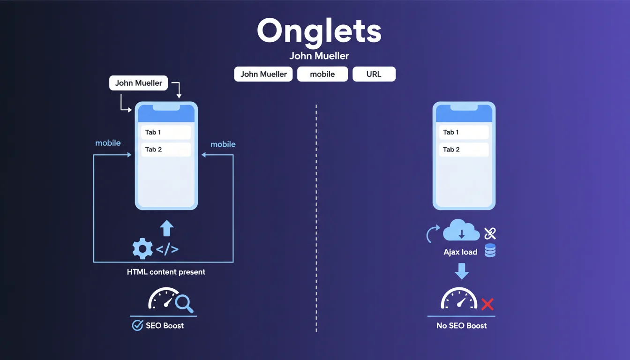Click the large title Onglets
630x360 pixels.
tap(319, 31)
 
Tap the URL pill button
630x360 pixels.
tap(374, 74)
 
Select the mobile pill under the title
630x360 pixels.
tap(322, 74)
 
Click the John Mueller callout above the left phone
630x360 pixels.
tap(139, 83)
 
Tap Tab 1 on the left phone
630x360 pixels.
tap(166, 132)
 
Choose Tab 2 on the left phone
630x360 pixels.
tap(166, 150)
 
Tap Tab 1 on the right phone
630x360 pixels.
tap(464, 132)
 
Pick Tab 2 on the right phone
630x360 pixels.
tap(464, 150)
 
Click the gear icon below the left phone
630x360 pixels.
tap(142, 248)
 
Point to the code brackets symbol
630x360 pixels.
tap(167, 249)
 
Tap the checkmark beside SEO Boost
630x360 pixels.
tap(137, 325)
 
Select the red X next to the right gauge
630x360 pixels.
tap(487, 305)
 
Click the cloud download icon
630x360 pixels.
tap(461, 231)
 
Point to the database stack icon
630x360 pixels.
tap(490, 250)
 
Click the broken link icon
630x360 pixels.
tap(490, 233)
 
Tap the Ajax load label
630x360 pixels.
tap(460, 252)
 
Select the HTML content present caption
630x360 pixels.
tap(166, 272)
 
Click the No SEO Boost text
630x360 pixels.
tap(461, 325)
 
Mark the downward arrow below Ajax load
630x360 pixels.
tap(462, 271)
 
